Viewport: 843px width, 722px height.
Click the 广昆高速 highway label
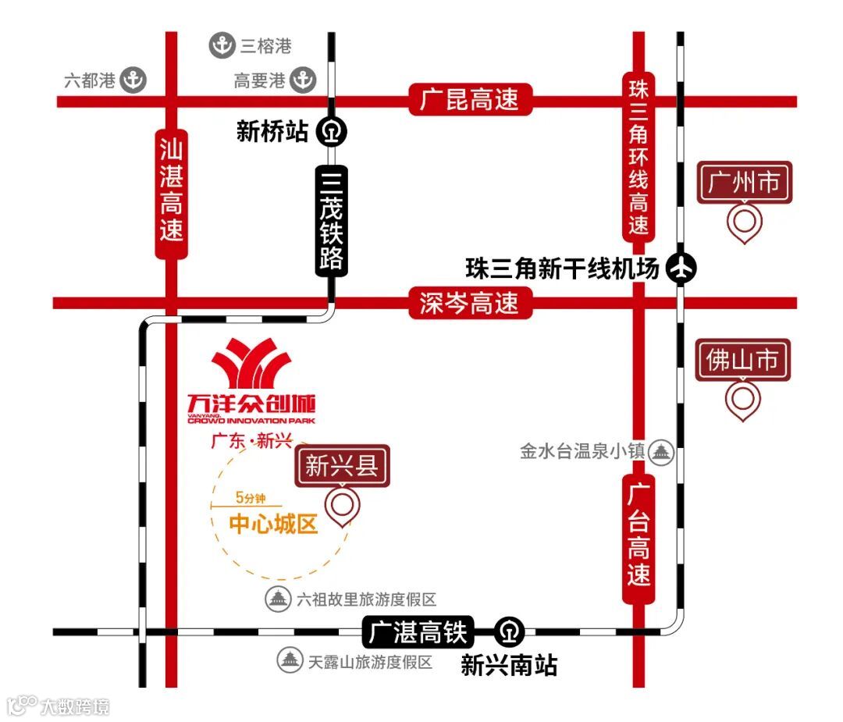pos(470,100)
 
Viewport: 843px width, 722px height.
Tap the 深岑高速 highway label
pos(470,303)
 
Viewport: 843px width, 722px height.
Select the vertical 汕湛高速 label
pos(171,190)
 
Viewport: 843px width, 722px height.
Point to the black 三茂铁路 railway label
pos(332,220)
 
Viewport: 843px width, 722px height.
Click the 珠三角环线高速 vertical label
pos(638,155)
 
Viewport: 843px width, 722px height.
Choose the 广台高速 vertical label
pos(638,539)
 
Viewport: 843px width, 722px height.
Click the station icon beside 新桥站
pos(332,132)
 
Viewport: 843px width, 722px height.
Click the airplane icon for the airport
pos(681,269)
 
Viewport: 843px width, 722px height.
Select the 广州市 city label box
pos(744,183)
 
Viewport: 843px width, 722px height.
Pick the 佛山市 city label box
pos(744,361)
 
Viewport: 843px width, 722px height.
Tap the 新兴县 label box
pos(342,467)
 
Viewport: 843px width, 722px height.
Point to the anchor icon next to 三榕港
pos(222,46)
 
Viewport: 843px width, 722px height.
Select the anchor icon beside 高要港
pos(303,80)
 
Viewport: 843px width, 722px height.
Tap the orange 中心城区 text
pos(273,525)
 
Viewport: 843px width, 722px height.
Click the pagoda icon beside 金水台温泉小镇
pos(662,452)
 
